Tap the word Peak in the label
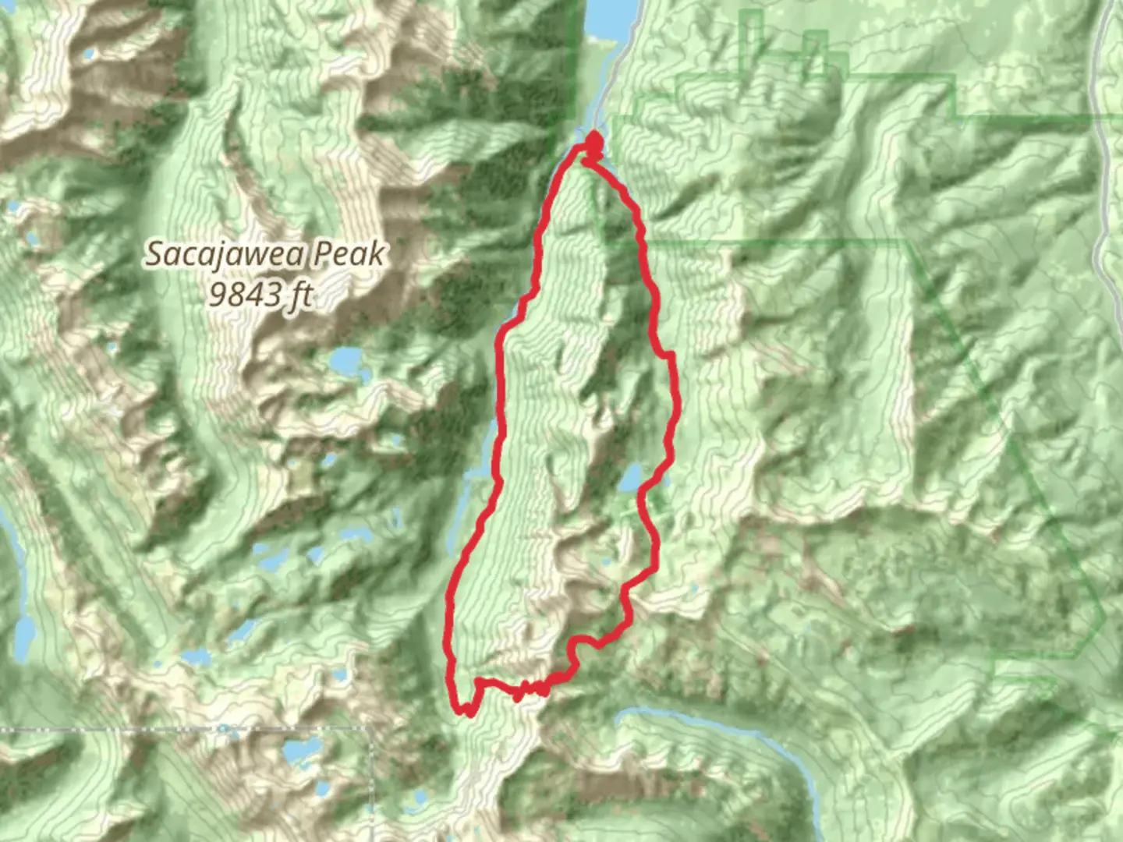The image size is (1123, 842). pos(348,254)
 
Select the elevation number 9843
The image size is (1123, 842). pos(246,294)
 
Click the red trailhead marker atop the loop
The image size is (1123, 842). pos(593,143)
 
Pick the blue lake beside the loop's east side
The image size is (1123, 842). pos(632,478)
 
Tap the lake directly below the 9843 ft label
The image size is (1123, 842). pos(344,359)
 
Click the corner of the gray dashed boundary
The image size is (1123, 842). pos(370,731)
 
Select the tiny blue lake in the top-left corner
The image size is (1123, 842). pos(90,55)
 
